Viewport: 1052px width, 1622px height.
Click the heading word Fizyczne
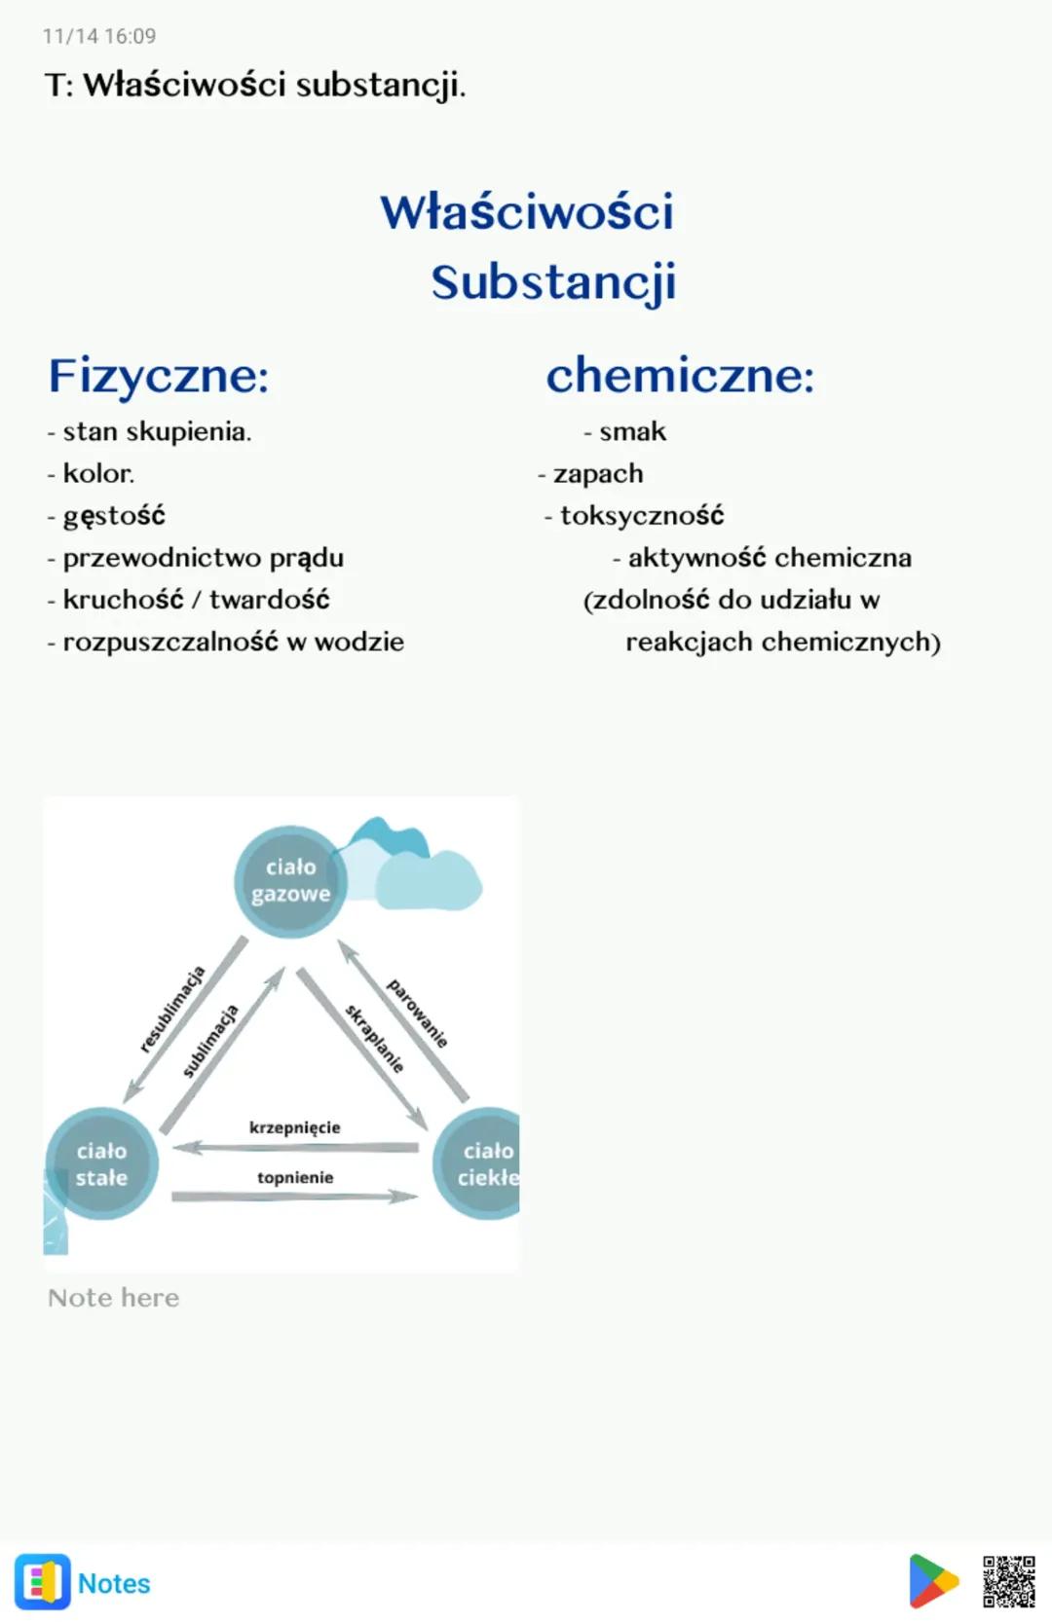click(x=158, y=376)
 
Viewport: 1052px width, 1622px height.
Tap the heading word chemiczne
click(x=679, y=376)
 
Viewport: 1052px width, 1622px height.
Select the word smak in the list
click(x=632, y=431)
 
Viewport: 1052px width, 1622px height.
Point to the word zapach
click(x=598, y=474)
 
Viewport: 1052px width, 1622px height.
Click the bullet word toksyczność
click(x=642, y=516)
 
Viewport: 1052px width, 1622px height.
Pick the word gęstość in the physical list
click(x=114, y=516)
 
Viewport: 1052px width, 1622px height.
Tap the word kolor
click(x=97, y=474)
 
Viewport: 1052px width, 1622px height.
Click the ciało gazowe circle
click(x=290, y=881)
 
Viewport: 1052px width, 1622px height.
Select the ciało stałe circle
click(x=101, y=1163)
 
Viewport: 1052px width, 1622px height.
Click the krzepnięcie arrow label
click(x=295, y=1127)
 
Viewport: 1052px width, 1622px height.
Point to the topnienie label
click(x=295, y=1178)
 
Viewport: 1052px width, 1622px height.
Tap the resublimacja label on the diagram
click(x=172, y=1009)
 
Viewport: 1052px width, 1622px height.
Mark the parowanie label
click(x=417, y=1014)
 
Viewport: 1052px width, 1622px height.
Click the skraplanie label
click(x=374, y=1039)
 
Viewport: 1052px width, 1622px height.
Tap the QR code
click(x=1008, y=1581)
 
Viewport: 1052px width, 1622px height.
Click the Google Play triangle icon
click(x=932, y=1581)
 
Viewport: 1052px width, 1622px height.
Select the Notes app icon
click(x=43, y=1582)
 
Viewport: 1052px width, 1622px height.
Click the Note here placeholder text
click(x=114, y=1298)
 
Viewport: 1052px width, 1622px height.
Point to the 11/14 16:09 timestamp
click(x=99, y=36)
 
